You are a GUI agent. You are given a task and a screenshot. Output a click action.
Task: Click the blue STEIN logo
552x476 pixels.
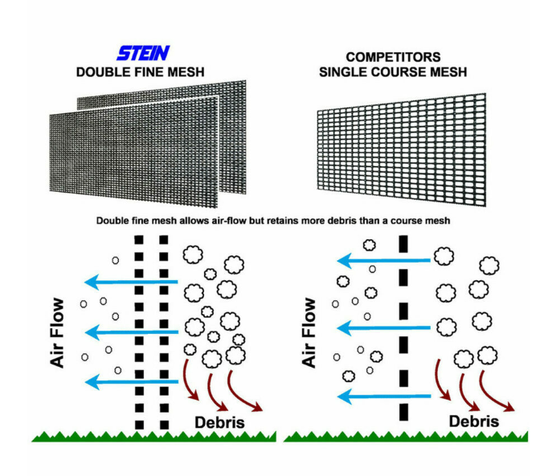coord(143,54)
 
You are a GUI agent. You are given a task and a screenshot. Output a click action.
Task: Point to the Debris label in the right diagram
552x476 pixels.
coord(474,421)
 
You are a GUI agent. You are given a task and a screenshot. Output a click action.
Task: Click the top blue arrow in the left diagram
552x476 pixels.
coord(133,282)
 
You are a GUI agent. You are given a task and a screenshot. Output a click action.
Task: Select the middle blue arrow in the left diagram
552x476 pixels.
coord(133,331)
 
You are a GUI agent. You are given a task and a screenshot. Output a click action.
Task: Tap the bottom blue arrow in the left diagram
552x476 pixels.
coord(133,380)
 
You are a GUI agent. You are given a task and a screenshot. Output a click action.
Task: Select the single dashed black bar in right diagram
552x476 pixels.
coord(403,329)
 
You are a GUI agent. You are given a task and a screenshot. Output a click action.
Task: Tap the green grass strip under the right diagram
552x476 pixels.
coord(406,437)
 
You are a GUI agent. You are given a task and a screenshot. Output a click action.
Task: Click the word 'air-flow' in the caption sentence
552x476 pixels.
coord(233,219)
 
